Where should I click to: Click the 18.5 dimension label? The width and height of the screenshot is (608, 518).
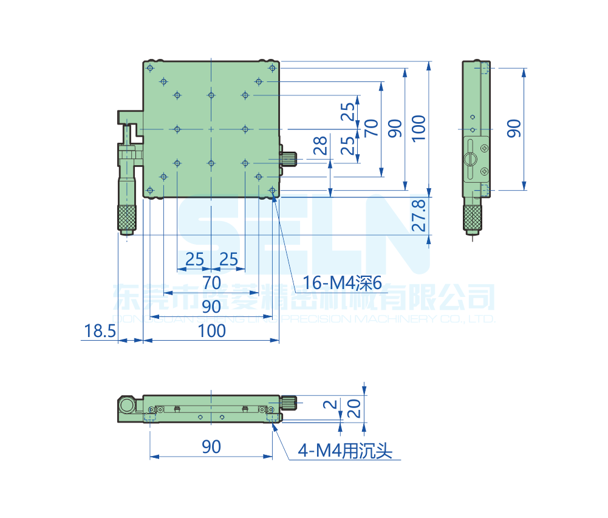point(99,331)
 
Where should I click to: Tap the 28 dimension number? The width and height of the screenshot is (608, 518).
point(320,145)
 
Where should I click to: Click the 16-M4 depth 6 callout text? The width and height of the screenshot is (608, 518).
point(341,282)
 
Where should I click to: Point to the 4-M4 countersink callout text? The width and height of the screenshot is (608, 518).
point(345,451)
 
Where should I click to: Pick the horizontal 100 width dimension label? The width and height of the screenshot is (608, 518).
point(211,331)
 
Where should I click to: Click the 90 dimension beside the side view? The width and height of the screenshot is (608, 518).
point(514,128)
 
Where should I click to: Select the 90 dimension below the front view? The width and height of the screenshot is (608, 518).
point(211,447)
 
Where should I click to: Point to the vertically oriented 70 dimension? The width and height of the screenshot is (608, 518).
point(372,128)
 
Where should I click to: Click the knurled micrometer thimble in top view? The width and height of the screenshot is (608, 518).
point(127,217)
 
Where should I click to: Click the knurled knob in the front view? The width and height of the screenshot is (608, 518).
point(289,401)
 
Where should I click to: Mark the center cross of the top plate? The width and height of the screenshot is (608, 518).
point(211,129)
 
